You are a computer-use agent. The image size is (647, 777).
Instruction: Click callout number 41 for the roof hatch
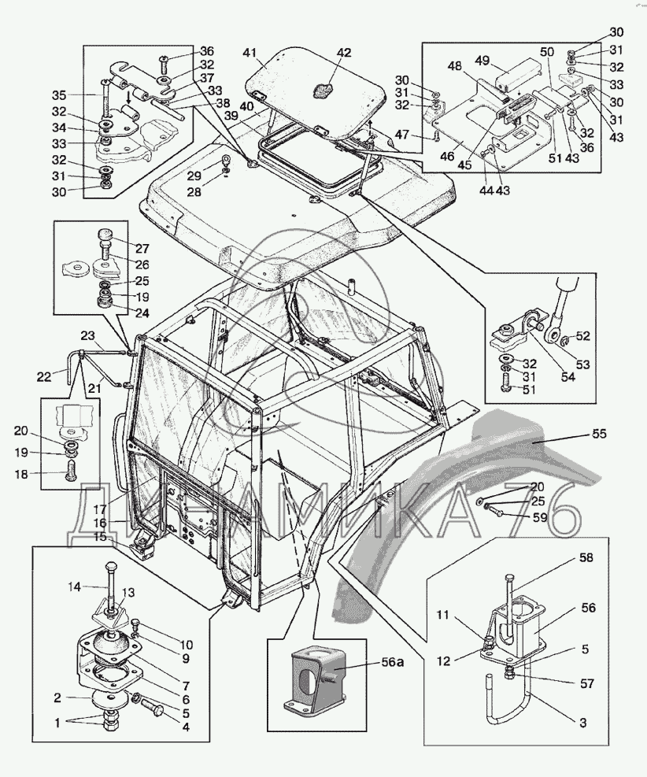pos(250,53)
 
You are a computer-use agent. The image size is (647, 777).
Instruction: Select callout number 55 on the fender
pos(600,434)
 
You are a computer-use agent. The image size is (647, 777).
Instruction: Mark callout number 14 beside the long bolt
pos(73,586)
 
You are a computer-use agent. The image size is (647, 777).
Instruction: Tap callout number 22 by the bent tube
pos(44,377)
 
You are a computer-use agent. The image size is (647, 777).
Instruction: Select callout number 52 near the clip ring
pos(582,335)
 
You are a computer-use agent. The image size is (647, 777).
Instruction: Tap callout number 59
pos(539,517)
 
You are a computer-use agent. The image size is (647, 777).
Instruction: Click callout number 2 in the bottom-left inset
pos(57,697)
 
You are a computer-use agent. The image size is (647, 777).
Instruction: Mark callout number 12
pos(444,660)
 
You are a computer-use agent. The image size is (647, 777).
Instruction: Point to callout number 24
pos(142,313)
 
